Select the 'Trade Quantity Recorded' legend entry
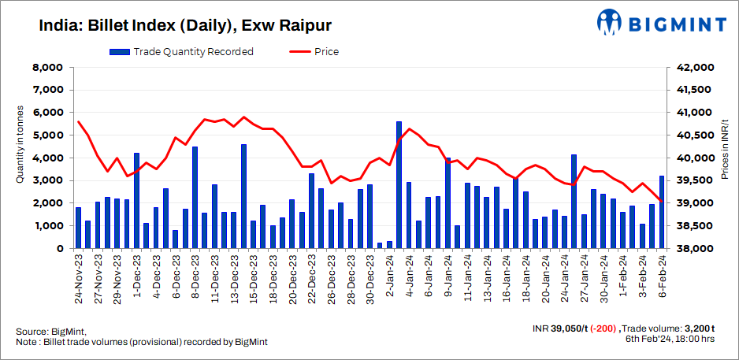(181, 52)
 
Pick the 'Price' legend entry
(315, 52)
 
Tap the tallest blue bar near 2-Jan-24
(399, 185)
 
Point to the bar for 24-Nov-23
(78, 228)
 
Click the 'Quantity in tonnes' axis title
(19, 145)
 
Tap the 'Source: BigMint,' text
(50, 331)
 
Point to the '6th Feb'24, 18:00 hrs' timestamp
(670, 339)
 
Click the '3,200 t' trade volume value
(698, 328)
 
